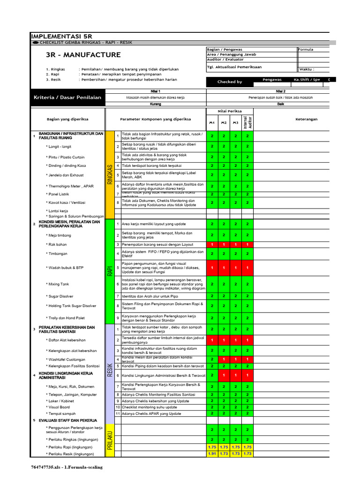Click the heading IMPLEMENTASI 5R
tap(61, 36)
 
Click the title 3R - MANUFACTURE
tap(83, 55)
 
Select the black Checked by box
tap(230, 82)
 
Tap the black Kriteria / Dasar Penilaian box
tap(67, 97)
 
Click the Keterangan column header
tap(306, 119)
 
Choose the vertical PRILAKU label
tap(110, 440)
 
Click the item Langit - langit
tap(60, 147)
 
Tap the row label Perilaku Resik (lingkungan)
tap(71, 454)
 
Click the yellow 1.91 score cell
tap(212, 454)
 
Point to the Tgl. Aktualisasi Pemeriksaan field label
tap(234, 67)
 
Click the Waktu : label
tap(307, 69)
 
